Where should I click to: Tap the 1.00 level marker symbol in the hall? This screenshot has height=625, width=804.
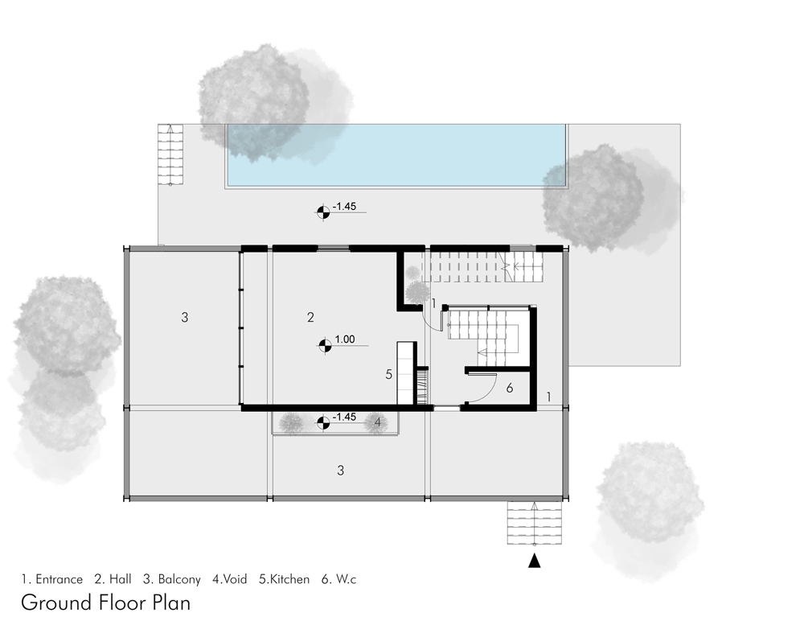[325, 346]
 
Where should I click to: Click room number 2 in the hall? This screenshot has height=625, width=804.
[310, 317]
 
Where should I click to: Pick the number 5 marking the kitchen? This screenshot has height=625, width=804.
[388, 374]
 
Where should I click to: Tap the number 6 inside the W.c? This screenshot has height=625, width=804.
[509, 388]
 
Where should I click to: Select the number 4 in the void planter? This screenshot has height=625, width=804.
[377, 421]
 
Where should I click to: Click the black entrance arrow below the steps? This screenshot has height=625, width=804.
[534, 562]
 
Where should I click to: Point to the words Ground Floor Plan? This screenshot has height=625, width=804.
[105, 602]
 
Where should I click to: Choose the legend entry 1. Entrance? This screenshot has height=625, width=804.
[52, 578]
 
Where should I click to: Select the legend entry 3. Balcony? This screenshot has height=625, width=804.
[172, 578]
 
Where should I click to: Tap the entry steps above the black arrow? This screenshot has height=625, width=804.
[534, 523]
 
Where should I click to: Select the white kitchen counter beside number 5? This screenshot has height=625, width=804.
[405, 372]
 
